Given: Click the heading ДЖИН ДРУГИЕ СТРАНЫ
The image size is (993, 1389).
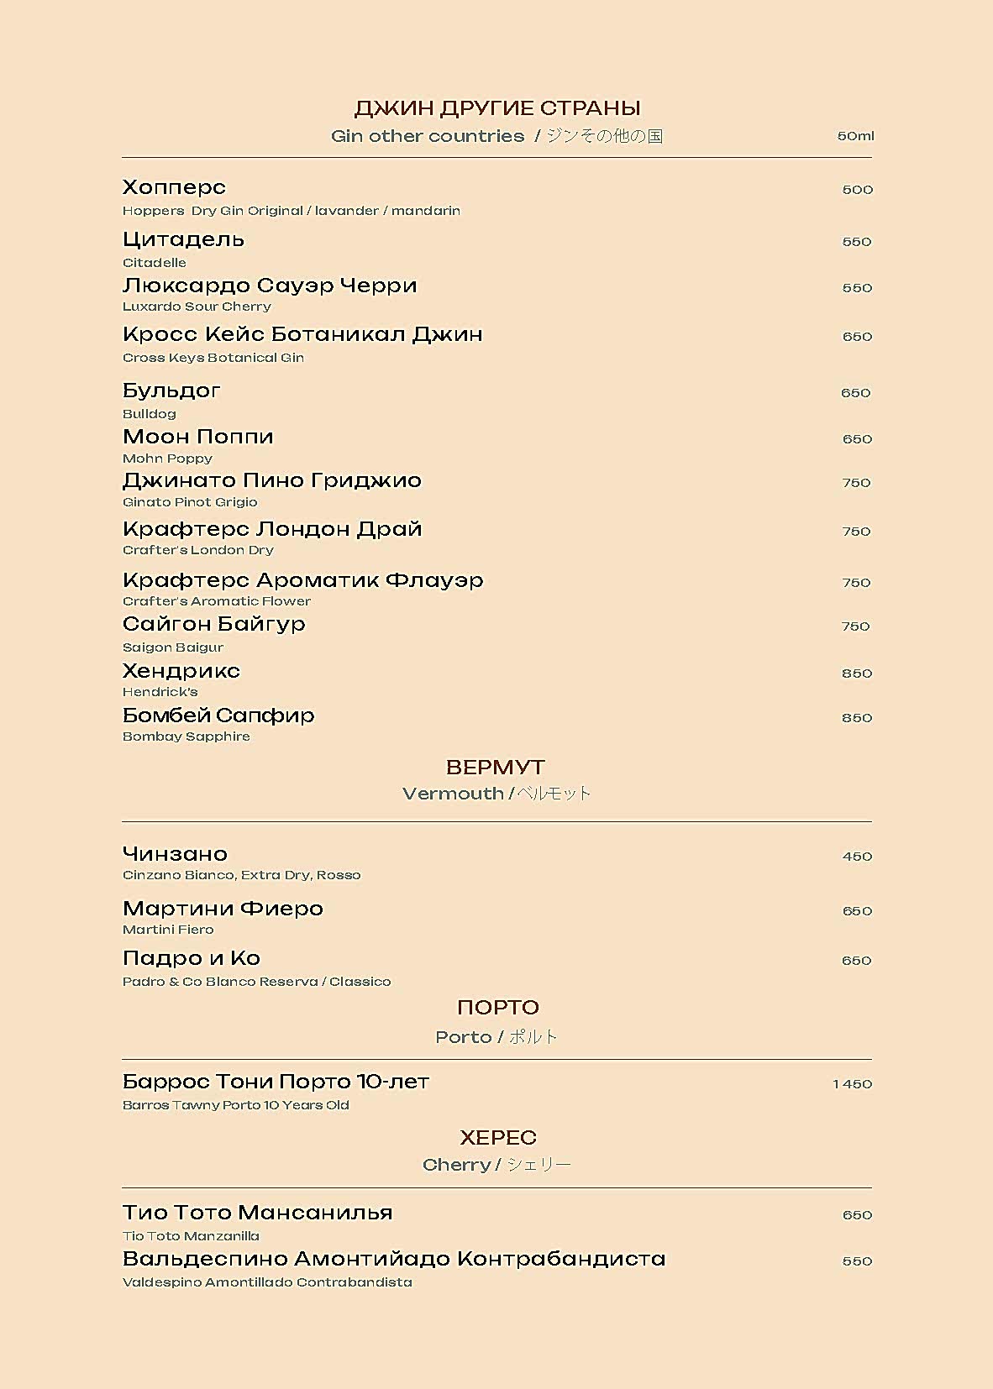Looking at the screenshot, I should [496, 108].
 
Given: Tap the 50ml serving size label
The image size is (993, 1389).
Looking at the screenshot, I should [855, 136].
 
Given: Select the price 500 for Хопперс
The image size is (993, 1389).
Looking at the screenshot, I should [857, 190].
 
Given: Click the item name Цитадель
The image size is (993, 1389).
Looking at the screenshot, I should [183, 239].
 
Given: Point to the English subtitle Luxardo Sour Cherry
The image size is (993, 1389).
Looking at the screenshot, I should [197, 307].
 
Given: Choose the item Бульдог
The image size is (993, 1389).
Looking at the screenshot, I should [171, 390].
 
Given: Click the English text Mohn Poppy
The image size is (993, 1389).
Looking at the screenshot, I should [167, 459].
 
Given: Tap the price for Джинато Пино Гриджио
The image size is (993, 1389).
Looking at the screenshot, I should [856, 483].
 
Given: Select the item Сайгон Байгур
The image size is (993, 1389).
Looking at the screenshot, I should [213, 624].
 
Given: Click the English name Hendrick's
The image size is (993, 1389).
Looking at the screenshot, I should [160, 692].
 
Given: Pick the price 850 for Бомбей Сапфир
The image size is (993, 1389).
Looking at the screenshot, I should [856, 718].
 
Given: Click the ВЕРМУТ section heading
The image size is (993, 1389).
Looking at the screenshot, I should [496, 768].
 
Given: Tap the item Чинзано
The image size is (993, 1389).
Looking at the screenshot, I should [175, 854].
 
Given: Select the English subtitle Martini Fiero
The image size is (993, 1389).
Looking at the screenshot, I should [168, 930].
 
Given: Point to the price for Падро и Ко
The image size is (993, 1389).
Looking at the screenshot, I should [856, 961].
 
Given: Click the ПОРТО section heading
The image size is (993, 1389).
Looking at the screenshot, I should [497, 1007].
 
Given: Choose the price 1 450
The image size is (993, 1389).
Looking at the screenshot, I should [852, 1084].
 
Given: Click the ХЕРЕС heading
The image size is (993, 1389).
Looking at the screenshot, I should [497, 1137].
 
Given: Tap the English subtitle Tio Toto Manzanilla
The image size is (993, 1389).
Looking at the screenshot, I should [191, 1236].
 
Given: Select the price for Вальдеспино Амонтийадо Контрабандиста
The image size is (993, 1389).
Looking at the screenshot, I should [856, 1261].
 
